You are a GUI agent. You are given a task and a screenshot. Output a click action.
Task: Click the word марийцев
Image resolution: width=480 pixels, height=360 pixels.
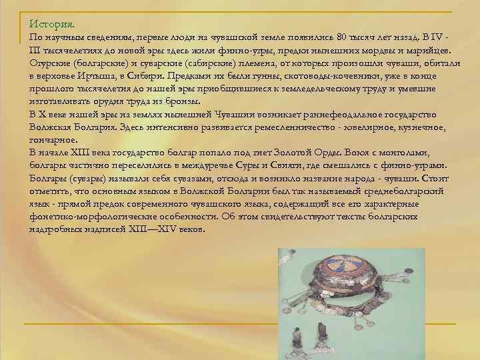(x=427, y=51)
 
